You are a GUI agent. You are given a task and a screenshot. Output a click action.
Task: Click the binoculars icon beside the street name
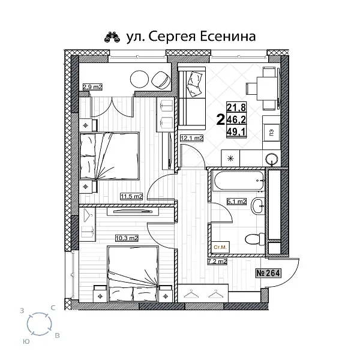pos(111,37)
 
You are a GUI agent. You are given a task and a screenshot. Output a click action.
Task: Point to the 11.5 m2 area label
pos(131,196)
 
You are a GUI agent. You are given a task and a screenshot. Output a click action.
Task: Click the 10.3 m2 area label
pos(127,238)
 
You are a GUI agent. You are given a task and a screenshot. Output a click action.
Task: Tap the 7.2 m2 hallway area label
pos(217,262)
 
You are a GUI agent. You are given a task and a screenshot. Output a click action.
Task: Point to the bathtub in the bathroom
pos(237,178)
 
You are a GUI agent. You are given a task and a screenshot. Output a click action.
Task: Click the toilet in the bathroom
pos(253,239)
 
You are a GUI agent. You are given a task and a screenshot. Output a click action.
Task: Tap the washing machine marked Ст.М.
pos(220,247)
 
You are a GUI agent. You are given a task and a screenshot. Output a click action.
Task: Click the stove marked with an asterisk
pos(232,158)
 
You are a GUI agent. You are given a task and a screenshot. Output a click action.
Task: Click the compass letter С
pos(54,308)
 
